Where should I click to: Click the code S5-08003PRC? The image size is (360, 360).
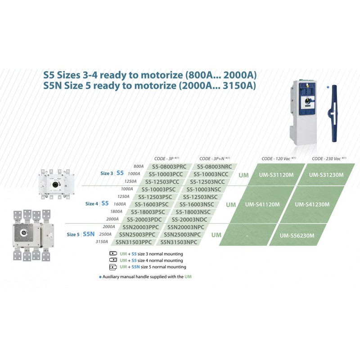[x=169, y=166]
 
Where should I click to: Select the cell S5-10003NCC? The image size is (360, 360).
[x=211, y=174]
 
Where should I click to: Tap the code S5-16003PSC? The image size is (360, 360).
[x=152, y=204]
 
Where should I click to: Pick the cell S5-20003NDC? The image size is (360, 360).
[x=189, y=220]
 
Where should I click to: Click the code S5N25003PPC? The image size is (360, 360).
[x=137, y=234]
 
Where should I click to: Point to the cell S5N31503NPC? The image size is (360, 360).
[x=179, y=242]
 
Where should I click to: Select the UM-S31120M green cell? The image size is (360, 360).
[x=276, y=175]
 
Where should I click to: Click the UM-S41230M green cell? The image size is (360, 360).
[x=312, y=204]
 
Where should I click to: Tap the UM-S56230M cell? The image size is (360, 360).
[x=297, y=235]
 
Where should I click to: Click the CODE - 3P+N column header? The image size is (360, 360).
[x=215, y=159]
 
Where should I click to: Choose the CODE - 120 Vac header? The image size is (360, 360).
[x=279, y=159]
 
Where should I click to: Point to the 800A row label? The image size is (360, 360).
[x=139, y=166]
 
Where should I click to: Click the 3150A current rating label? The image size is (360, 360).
[x=102, y=242]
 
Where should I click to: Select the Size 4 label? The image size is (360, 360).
[x=92, y=204]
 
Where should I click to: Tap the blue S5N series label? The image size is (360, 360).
[x=89, y=234]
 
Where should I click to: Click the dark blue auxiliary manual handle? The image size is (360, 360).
[x=334, y=114]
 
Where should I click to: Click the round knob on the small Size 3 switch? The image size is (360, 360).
[x=55, y=184]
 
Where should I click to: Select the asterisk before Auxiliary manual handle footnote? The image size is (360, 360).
[x=100, y=277]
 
